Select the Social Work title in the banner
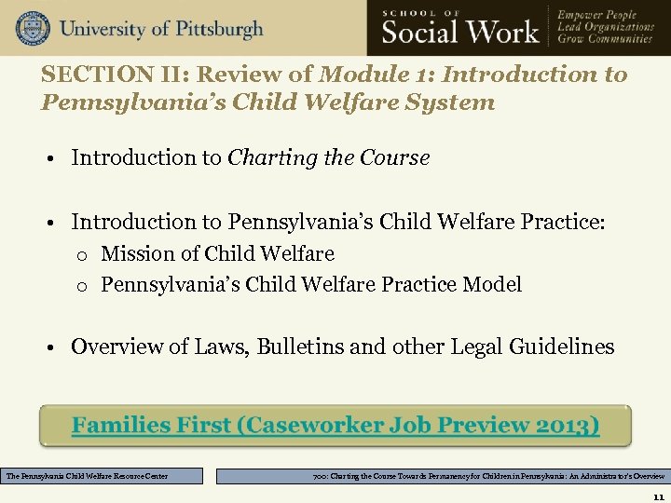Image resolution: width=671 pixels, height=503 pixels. coord(461,32)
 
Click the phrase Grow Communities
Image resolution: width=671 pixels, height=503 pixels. coord(605,39)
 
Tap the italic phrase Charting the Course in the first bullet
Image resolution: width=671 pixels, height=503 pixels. coord(328,157)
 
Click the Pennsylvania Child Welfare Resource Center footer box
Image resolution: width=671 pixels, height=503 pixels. coord(103,476)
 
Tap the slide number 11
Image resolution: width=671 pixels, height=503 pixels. coord(658,495)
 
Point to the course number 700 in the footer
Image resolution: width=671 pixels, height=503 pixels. coord(322,476)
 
